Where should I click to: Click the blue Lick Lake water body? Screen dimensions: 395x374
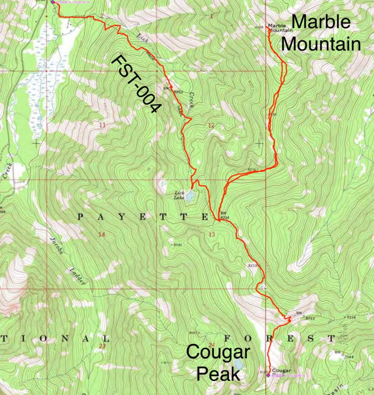[x=190, y=196]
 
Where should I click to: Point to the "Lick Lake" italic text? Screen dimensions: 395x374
[x=179, y=195]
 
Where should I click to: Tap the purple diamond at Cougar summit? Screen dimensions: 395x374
[x=269, y=374]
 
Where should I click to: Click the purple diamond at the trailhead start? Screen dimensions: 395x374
[x=53, y=2]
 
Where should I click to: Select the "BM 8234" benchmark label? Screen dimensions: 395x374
[x=224, y=216]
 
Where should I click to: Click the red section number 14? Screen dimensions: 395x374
[x=102, y=235]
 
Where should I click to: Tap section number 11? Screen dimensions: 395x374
[x=102, y=125]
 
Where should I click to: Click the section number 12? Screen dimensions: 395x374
[x=211, y=125]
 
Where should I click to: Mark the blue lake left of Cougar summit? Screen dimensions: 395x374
[x=238, y=364]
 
